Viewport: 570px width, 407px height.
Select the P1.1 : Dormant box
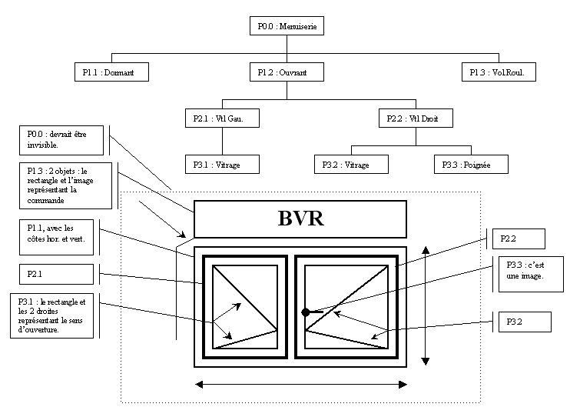tap(111, 72)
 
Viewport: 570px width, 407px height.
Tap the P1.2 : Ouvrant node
tap(287, 72)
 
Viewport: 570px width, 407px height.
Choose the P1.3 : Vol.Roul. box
tap(502, 72)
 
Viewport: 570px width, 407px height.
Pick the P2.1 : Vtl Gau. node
tap(222, 118)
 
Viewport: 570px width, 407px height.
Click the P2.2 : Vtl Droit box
tap(416, 118)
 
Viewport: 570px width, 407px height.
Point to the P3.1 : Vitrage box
tap(222, 164)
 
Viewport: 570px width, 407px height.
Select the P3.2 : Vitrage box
tap(351, 164)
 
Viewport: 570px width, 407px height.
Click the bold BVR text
tap(300, 219)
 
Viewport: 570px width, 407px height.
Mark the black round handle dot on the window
tap(306, 312)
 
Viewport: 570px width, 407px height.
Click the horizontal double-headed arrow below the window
tap(300, 385)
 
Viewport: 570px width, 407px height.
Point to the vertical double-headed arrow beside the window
tap(426, 305)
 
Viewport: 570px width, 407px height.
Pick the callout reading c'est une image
tap(525, 271)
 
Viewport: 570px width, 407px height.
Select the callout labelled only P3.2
tap(523, 321)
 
